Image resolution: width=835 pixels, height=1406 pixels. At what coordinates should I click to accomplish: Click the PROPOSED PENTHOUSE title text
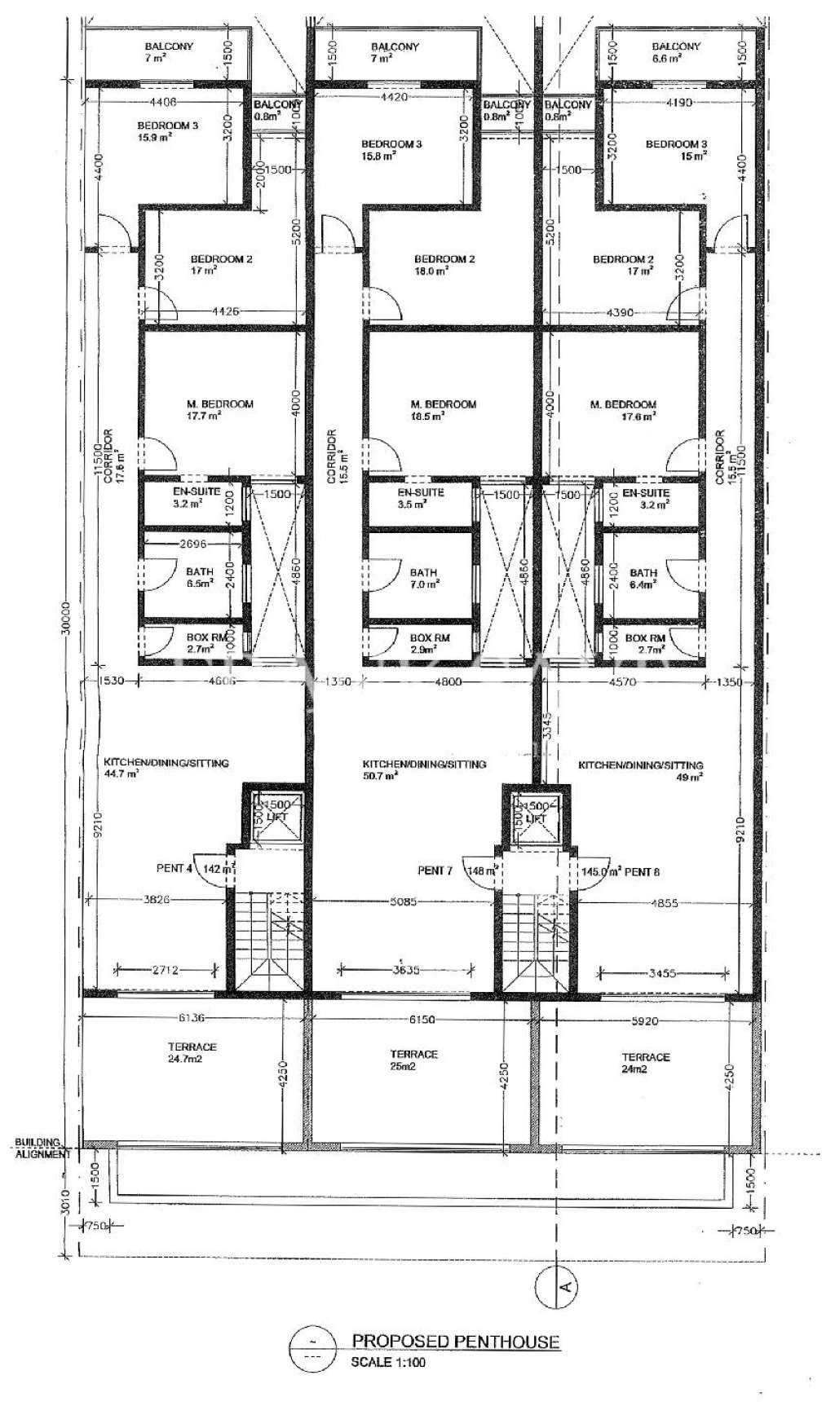point(455,1341)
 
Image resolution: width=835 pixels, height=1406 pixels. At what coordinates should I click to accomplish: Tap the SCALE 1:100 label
point(388,1361)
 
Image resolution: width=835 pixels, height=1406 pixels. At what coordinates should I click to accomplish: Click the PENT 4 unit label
point(174,869)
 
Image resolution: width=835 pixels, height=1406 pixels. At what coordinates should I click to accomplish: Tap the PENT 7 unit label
point(435,870)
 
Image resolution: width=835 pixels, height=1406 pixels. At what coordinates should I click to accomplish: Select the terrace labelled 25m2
point(414,1060)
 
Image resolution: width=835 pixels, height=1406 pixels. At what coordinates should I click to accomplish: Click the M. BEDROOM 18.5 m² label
point(443,410)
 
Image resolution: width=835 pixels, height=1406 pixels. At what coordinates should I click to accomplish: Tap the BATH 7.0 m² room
point(424,578)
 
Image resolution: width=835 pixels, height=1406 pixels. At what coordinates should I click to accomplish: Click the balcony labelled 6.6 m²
point(676,53)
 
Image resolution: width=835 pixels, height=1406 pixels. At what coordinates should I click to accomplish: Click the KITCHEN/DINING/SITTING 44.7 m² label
point(166,769)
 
